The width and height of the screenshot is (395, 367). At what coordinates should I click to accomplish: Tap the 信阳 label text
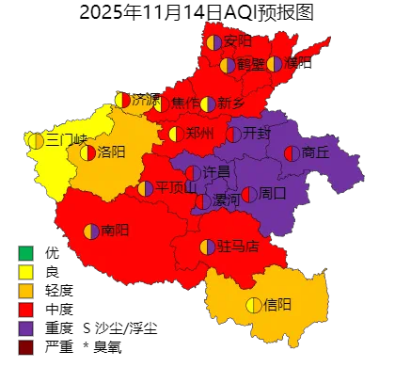pos(277,304)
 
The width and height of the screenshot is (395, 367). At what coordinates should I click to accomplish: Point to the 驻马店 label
pos(239,247)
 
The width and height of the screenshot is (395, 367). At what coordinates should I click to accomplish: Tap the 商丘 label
pos(316,152)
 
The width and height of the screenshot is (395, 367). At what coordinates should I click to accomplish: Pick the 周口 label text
pos(272,194)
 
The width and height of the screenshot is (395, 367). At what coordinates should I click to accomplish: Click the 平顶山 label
pos(176,187)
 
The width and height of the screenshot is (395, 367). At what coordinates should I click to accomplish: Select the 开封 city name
pos(256,134)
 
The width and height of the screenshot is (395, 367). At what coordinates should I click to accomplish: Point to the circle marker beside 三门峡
pos(36,140)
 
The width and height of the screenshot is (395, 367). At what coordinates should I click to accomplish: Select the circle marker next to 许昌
pos(193,172)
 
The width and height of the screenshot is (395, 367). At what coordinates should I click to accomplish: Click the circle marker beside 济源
pos(122,100)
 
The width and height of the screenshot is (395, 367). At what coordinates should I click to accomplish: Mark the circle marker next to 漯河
pos(203,201)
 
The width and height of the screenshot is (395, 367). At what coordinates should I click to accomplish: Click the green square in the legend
pos(25,252)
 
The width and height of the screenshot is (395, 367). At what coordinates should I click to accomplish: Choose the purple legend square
pos(25,328)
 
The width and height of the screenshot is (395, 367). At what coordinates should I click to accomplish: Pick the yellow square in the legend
pos(25,271)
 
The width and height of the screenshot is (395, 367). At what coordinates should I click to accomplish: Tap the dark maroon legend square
pos(25,347)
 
